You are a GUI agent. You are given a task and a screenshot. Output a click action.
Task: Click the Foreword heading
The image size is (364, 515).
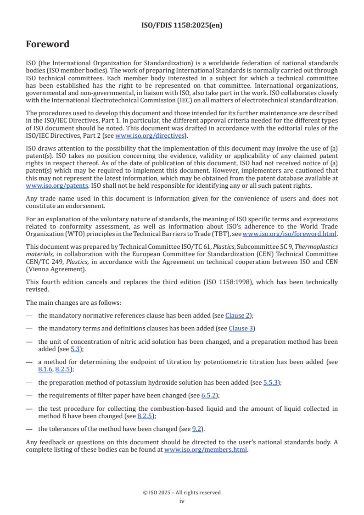coord(48,45)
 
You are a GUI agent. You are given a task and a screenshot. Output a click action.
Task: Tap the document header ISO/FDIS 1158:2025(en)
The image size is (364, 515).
coord(182,26)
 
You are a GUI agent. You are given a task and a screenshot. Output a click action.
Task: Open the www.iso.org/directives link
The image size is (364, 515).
coord(150,135)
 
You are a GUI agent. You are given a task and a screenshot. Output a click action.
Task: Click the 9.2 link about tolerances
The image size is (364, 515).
coord(197,429)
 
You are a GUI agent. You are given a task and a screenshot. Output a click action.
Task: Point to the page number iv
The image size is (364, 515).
coord(182,501)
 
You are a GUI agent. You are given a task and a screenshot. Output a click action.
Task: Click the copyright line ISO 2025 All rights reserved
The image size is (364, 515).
coord(182,493)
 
